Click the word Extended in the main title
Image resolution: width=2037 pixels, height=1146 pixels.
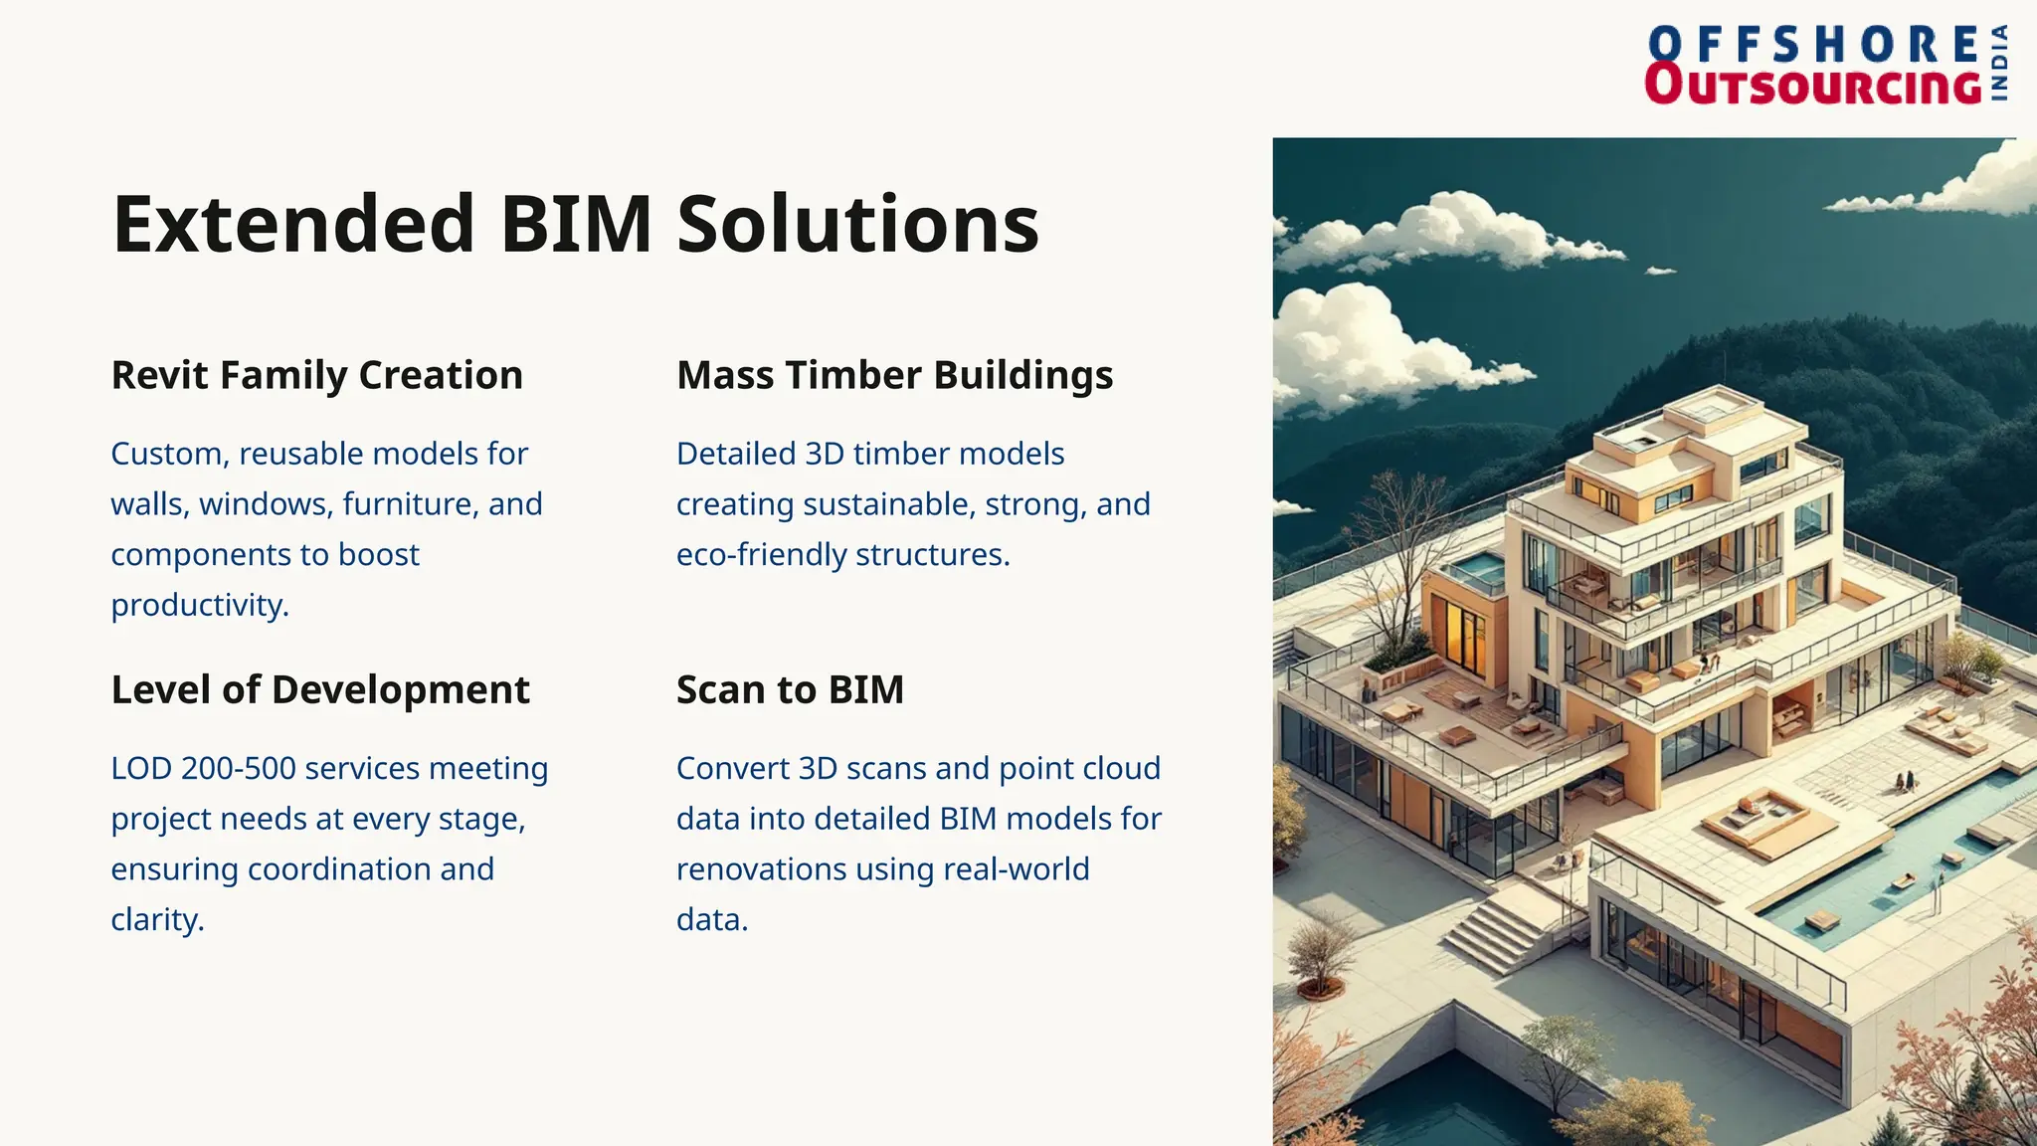point(293,224)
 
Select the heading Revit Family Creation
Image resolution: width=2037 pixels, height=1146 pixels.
point(316,375)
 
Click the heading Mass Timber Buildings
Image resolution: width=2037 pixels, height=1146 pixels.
point(894,375)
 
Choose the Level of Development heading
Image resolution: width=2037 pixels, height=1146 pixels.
point(320,689)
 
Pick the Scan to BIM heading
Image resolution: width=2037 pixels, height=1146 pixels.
point(790,689)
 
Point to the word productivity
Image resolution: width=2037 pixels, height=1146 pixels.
point(199,605)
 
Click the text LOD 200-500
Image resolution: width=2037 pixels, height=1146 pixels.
point(203,768)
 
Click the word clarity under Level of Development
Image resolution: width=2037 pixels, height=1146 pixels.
point(156,919)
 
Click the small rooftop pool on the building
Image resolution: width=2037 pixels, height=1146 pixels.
point(1479,569)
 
